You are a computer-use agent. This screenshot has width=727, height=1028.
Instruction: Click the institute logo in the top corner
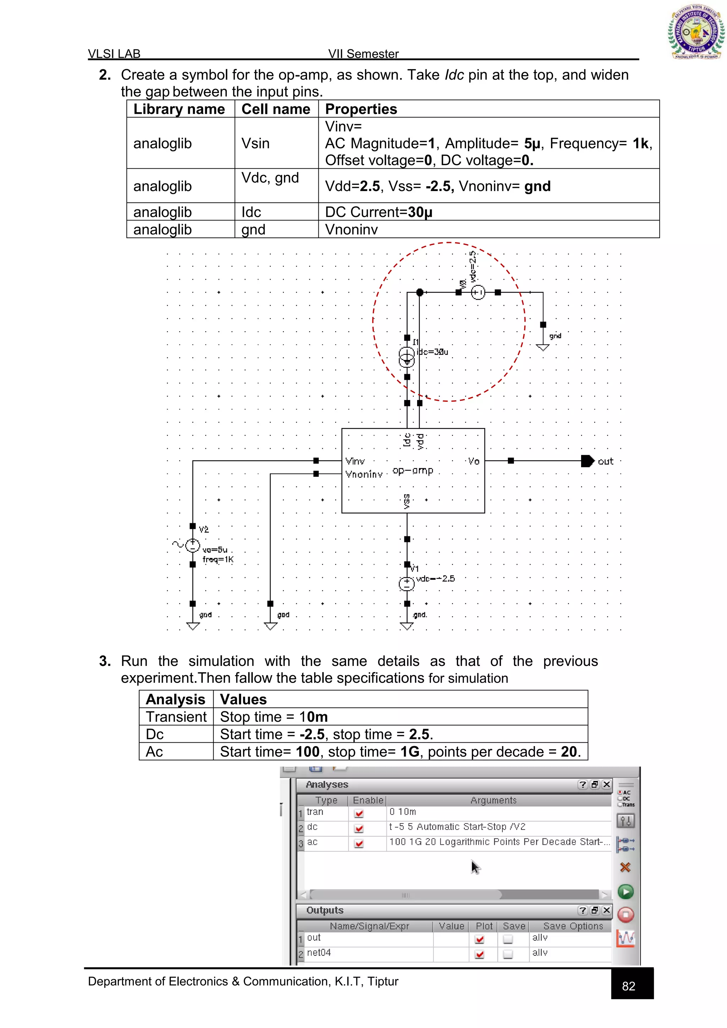[696, 32]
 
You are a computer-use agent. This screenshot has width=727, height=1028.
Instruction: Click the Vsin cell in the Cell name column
[256, 143]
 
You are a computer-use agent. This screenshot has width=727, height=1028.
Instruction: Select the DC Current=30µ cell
[379, 212]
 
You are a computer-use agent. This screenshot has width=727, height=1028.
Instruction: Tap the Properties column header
[361, 109]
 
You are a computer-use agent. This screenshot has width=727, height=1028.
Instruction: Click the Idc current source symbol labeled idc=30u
[406, 357]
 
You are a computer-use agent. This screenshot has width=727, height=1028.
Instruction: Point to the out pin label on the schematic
[605, 461]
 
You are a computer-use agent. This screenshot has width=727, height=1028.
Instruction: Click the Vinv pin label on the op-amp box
[355, 461]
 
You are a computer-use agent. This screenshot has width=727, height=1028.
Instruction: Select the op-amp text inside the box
[413, 471]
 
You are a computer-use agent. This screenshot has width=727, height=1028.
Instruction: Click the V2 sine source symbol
[192, 545]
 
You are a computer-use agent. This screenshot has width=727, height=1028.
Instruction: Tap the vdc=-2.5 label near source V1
[435, 579]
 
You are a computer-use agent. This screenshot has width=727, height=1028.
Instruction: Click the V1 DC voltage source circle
[406, 584]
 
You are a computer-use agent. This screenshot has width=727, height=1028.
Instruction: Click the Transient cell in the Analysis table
[176, 717]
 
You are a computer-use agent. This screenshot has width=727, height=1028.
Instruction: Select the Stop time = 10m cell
[274, 717]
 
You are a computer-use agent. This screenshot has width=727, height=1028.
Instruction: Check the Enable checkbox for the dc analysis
[359, 828]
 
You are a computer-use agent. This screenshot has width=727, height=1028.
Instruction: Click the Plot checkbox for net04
[480, 954]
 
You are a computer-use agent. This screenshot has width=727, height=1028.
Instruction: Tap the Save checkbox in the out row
[508, 939]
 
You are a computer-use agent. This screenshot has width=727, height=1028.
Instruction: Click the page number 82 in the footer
[629, 986]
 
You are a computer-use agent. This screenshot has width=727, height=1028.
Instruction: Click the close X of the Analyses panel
[606, 784]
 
